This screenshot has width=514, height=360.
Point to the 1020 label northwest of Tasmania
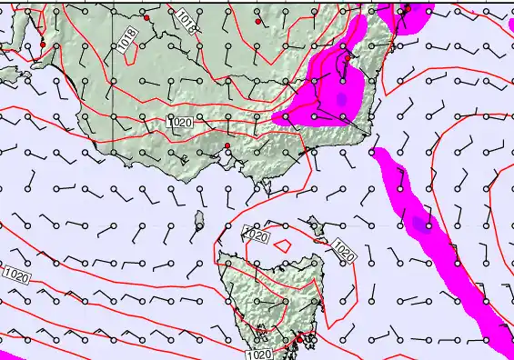point(257,235)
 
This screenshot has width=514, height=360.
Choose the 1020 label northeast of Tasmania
point(342,250)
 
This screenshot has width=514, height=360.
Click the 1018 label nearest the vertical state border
point(128,38)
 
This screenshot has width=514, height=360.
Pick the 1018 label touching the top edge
point(185,20)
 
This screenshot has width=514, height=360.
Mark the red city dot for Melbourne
point(227,146)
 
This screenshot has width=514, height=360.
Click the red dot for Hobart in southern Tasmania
point(297,339)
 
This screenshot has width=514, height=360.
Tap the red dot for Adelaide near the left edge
point(42,45)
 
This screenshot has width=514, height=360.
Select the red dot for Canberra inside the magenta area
point(348,57)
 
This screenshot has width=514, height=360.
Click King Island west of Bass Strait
point(199,218)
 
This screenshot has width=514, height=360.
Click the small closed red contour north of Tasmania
point(282,245)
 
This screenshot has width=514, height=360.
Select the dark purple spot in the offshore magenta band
point(418,222)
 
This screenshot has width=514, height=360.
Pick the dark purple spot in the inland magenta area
point(341,97)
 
